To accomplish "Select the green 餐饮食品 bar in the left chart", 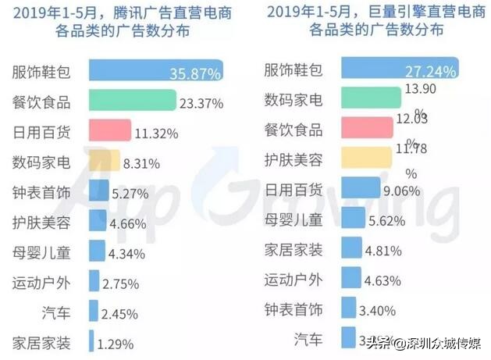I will click(131, 101).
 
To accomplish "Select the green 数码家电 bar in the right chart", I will click(370, 101).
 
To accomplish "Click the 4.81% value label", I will click(383, 251).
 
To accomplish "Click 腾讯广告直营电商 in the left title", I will click(153, 12).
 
